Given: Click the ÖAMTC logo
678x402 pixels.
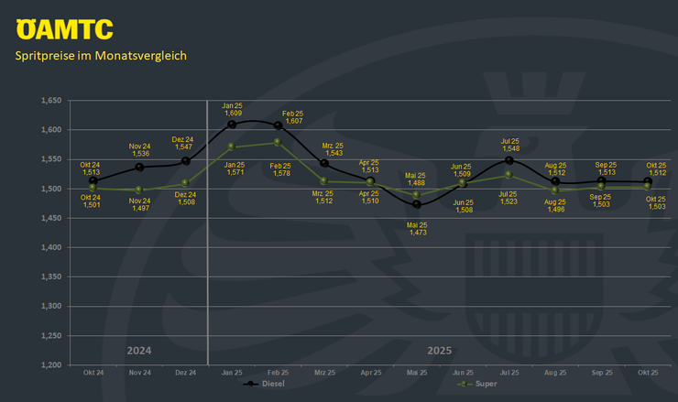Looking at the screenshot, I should coord(64,28).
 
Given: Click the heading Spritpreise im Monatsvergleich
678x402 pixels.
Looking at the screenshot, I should coord(101,56).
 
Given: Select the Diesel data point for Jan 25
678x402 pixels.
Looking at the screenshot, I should coord(232,124).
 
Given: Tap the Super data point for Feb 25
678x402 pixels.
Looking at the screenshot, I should coord(278,142).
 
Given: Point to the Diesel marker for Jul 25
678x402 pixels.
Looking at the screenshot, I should coord(508,160).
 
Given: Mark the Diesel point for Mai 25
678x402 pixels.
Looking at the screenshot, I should coord(417,204).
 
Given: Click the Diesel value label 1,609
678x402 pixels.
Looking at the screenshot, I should coord(233,113).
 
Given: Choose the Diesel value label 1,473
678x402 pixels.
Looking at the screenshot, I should coord(417,234).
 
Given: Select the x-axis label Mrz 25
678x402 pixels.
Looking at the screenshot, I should coord(324,373).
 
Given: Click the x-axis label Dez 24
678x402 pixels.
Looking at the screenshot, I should coord(186,373).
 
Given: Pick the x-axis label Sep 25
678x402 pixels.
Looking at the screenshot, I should coord(601,373).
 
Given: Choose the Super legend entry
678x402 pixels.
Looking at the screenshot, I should coord(476,385).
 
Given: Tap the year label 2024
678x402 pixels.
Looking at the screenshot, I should coord(139,351).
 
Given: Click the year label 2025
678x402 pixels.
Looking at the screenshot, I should coord(440,351).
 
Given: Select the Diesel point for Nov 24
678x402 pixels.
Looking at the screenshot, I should coord(139,168).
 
